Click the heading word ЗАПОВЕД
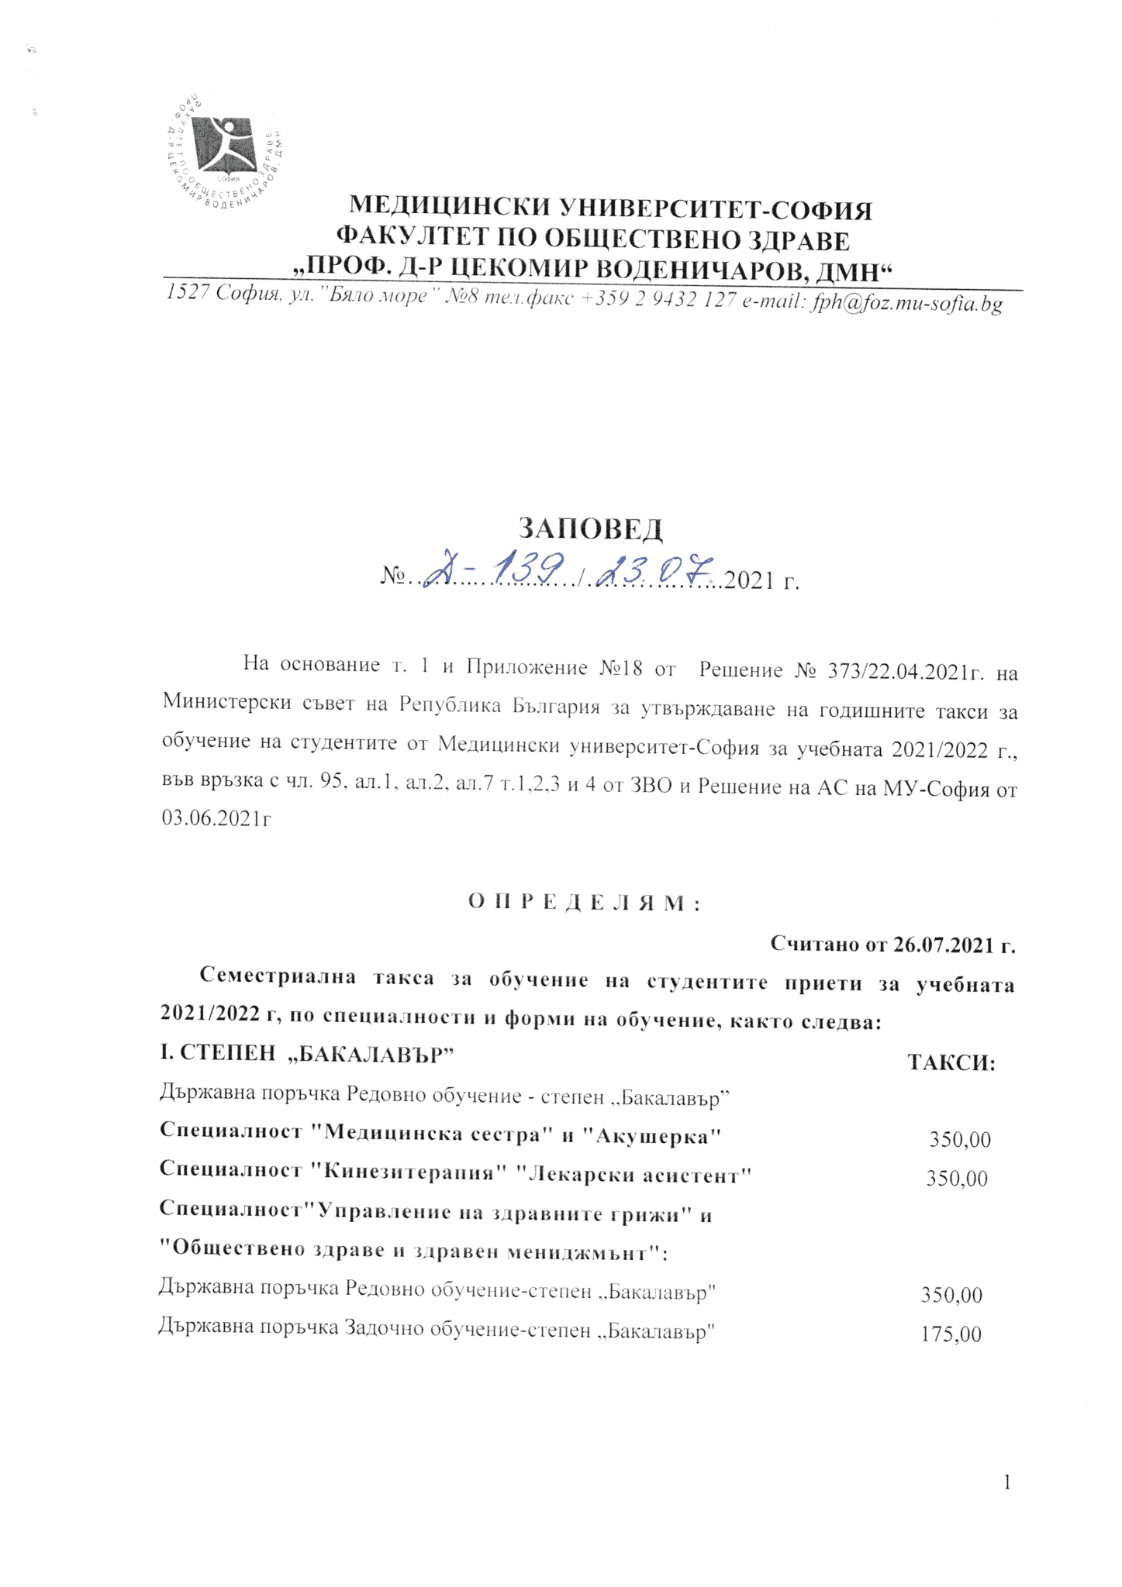point(591,528)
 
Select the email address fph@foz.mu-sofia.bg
point(906,303)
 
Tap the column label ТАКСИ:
point(951,1062)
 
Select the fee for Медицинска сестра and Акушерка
point(960,1139)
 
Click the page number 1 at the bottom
point(1006,1483)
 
